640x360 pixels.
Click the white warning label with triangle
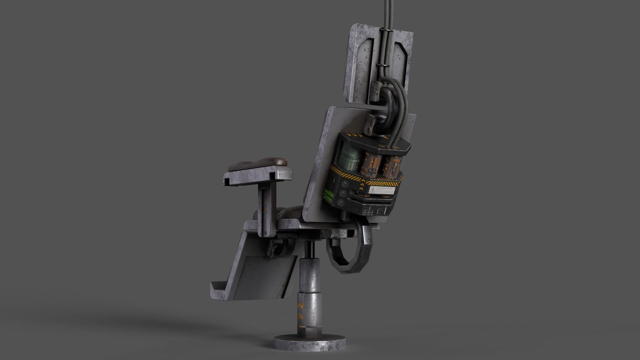tap(382, 190)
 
